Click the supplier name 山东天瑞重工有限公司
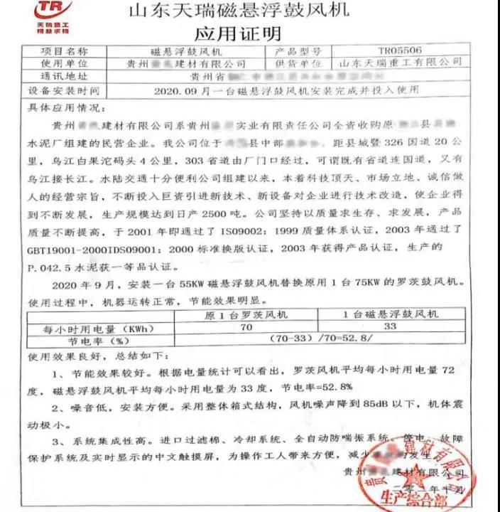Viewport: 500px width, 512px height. click(401, 63)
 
